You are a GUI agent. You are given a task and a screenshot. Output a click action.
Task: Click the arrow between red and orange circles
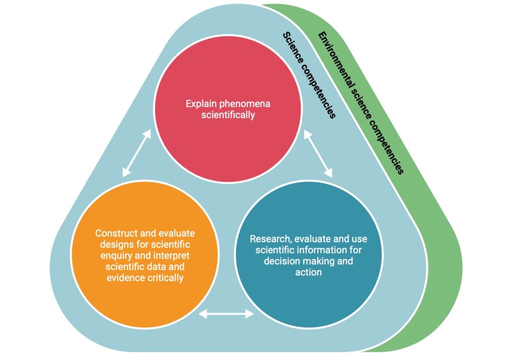pyautogui.click(x=137, y=153)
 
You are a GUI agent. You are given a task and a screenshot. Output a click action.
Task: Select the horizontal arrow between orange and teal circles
pyautogui.click(x=227, y=314)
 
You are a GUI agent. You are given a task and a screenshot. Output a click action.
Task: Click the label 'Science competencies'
pyautogui.click(x=309, y=75)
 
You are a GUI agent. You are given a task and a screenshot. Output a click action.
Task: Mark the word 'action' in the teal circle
pyautogui.click(x=309, y=272)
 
